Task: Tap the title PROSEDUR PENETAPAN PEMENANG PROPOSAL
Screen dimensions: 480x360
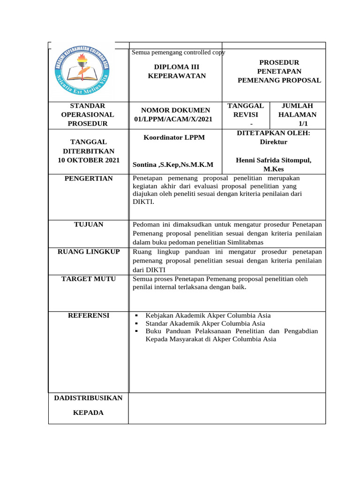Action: [x=279, y=71]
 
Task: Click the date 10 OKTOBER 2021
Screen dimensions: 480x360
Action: [x=89, y=160]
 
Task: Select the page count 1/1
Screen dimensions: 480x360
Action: [x=303, y=124]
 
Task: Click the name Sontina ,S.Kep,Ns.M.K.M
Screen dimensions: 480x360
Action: [x=173, y=165]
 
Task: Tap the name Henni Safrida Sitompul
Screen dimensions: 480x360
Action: [x=273, y=160]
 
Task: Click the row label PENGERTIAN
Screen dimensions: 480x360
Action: [x=89, y=178]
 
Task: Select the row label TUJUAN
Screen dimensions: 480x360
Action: [x=89, y=225]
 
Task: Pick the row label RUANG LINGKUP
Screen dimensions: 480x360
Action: [x=89, y=252]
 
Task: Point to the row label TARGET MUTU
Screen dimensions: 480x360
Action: [x=89, y=279]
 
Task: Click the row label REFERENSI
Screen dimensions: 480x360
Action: [x=89, y=315]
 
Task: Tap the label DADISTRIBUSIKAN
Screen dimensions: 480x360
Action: [x=89, y=398]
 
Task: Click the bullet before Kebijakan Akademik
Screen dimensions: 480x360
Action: [x=136, y=316]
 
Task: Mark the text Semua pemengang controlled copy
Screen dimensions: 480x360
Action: [x=179, y=52]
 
